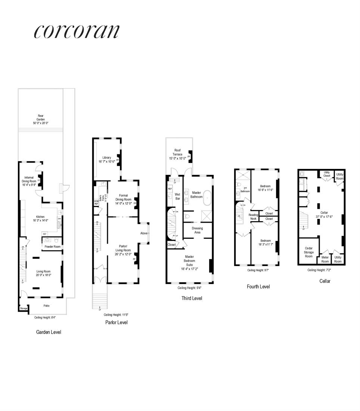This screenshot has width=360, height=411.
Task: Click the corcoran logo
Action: (77, 31)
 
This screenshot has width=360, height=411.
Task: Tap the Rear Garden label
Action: (40, 118)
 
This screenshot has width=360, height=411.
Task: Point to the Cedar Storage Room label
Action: (308, 252)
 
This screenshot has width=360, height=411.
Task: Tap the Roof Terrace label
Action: (178, 152)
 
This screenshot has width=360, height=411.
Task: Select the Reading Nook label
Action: (254, 217)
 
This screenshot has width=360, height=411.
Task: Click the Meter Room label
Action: (325, 259)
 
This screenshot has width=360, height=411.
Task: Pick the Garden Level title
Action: (49, 332)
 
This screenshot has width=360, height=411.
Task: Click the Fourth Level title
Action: (258, 287)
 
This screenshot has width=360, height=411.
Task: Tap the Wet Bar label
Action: (178, 196)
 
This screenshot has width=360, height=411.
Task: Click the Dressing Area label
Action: (197, 230)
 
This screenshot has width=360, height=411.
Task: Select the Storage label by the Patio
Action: (24, 308)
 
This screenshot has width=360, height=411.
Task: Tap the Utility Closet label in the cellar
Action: (327, 174)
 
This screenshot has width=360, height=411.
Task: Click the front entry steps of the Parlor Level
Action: (99, 299)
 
